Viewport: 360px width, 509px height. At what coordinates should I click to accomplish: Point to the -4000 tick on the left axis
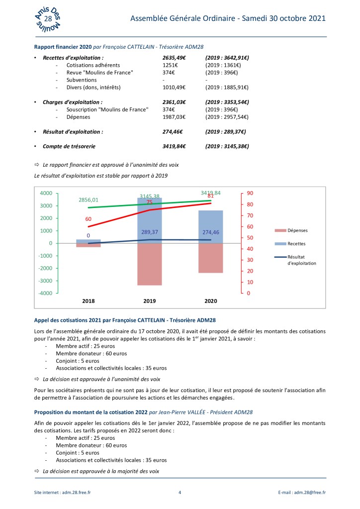click(46, 293)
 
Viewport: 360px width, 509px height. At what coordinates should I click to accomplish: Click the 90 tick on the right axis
click(250, 193)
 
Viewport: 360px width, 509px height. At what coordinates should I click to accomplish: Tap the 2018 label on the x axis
click(89, 302)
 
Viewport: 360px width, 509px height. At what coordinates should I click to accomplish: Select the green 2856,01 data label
click(89, 200)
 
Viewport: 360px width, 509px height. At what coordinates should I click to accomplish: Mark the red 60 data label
click(88, 219)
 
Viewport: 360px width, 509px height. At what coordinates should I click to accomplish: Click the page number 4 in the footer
click(180, 492)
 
